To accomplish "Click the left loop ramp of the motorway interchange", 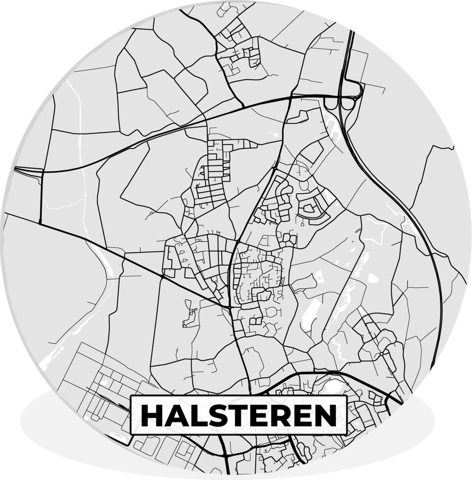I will (331, 105).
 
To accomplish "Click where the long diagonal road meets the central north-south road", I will (230, 306).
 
